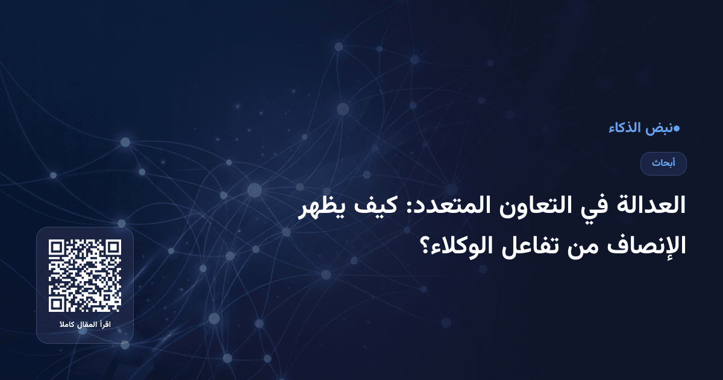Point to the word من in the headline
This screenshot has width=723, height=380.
point(572,246)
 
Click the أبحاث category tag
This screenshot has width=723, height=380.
point(663,163)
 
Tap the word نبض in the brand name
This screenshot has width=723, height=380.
point(659,128)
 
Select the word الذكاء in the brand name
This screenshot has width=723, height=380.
point(625,128)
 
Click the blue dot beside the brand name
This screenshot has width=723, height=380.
point(677,128)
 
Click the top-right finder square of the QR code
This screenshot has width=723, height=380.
point(113,249)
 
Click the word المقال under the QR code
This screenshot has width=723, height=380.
point(85,326)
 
